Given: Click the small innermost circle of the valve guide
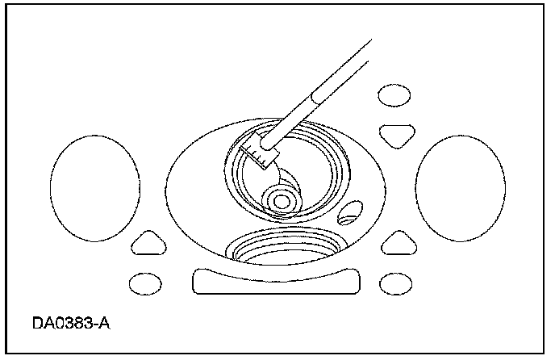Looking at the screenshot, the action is pos(282,199).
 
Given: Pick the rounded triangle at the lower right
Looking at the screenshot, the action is pos(397,242).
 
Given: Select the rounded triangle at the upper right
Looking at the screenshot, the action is pos(396,134).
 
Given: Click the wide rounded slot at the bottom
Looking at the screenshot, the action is pos(274,282).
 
